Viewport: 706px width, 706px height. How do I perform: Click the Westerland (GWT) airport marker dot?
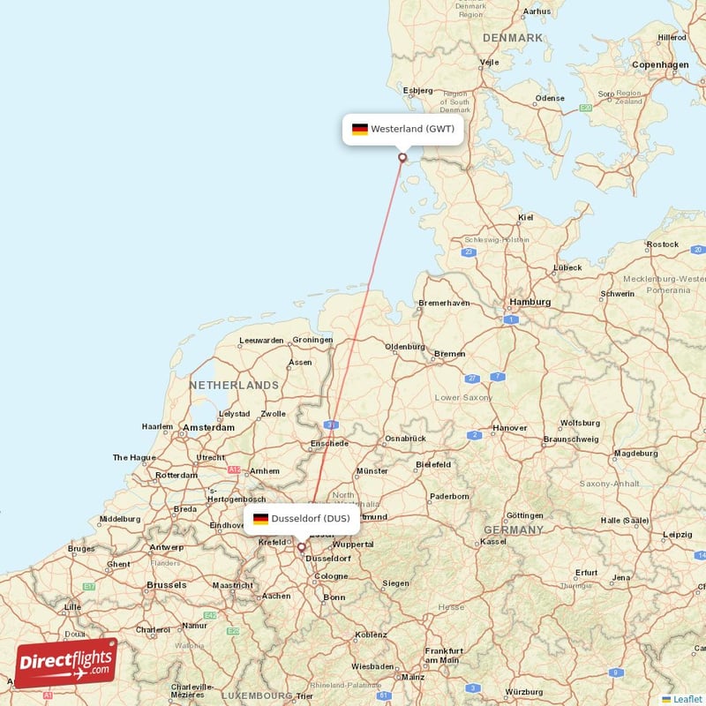pyautogui.click(x=403, y=158)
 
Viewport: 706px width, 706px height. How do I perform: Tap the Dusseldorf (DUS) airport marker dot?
pyautogui.click(x=302, y=547)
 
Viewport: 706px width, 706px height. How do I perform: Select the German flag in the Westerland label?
pyautogui.click(x=360, y=129)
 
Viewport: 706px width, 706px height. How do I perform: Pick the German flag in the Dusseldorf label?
pyautogui.click(x=261, y=519)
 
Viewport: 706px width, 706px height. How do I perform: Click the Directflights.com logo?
pyautogui.click(x=66, y=663)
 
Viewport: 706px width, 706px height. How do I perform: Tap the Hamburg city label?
pyautogui.click(x=529, y=302)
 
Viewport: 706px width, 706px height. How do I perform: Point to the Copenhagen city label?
pyautogui.click(x=660, y=64)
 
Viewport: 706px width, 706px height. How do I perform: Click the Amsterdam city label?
pyautogui.click(x=209, y=428)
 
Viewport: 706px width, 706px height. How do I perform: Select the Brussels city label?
pyautogui.click(x=166, y=585)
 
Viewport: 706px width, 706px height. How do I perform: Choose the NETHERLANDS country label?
pyautogui.click(x=233, y=386)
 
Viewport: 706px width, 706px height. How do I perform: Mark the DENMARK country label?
pyautogui.click(x=513, y=38)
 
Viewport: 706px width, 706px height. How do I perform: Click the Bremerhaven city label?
pyautogui.click(x=444, y=304)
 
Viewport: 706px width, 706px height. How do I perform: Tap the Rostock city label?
pyautogui.click(x=663, y=244)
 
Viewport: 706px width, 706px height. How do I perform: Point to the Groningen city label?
pyautogui.click(x=313, y=340)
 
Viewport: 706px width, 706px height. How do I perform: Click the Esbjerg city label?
pyautogui.click(x=417, y=90)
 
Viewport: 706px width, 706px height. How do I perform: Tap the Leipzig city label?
pyautogui.click(x=678, y=535)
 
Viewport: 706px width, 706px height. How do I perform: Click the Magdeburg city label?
pyautogui.click(x=636, y=454)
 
